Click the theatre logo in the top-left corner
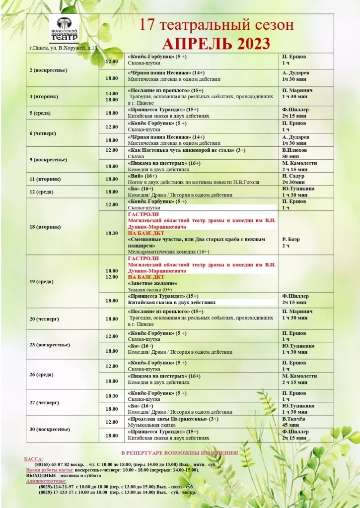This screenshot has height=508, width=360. pyautogui.click(x=64, y=29)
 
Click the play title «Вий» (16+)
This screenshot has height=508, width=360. pyautogui.click(x=143, y=176)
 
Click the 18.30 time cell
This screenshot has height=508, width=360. pyautogui.click(x=112, y=233)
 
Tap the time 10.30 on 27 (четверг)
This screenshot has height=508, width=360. pyautogui.click(x=112, y=396)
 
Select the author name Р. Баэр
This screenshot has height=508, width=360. pyautogui.click(x=292, y=239)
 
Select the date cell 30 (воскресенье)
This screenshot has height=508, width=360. pyautogui.click(x=49, y=429)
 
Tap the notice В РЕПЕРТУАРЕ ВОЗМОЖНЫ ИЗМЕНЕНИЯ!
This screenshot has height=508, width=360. pyautogui.click(x=180, y=453)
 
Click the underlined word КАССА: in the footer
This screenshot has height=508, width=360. pyautogui.click(x=34, y=459)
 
